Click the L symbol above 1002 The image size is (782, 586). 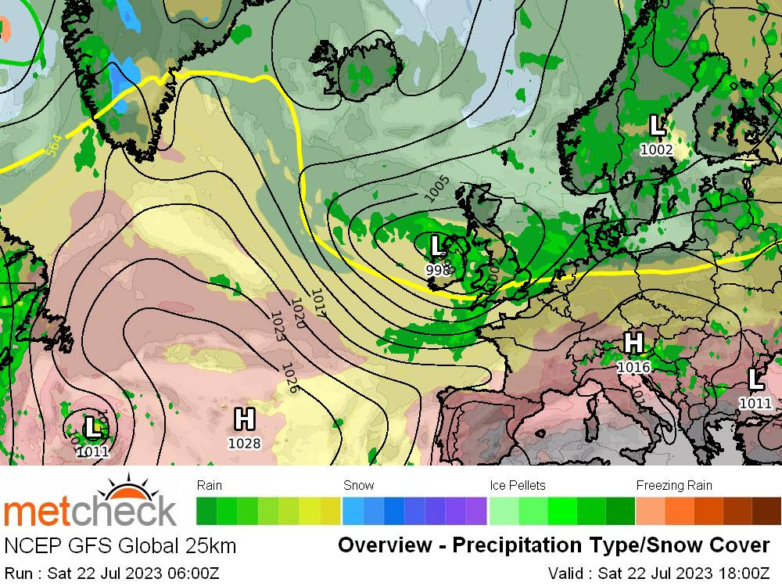coord(657,125)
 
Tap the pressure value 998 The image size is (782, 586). coord(438,270)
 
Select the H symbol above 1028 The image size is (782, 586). coord(245,419)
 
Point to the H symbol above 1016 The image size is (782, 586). coord(634,343)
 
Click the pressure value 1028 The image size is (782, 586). coord(244,444)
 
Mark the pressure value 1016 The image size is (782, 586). coord(634,367)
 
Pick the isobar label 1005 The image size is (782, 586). coord(437,190)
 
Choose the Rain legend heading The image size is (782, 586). coord(210,486)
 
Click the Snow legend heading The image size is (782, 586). coord(359,486)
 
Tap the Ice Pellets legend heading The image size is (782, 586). coord(518,486)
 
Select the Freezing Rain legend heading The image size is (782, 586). coord(674,486)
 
